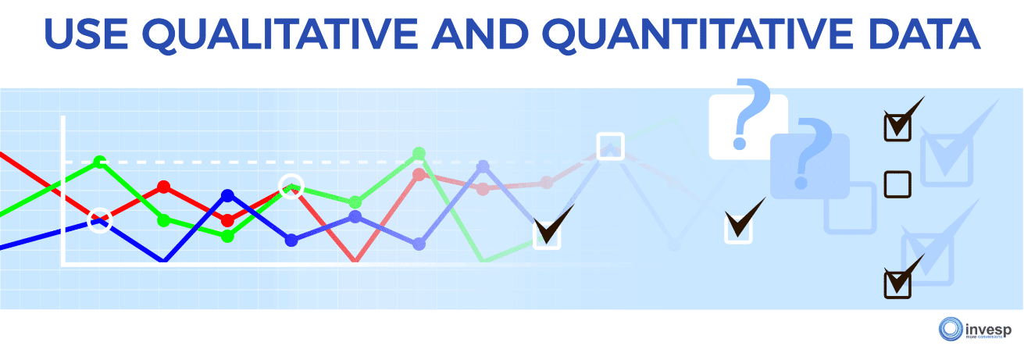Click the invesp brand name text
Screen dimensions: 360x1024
985,326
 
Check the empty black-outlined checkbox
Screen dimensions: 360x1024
897,184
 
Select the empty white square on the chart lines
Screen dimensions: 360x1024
609,147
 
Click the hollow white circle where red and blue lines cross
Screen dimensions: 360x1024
99,220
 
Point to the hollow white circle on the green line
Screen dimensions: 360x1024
291,187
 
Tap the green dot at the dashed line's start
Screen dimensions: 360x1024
99,162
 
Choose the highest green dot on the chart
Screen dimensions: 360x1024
419,152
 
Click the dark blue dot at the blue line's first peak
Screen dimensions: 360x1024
227,195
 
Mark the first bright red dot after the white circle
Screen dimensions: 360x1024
163,187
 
